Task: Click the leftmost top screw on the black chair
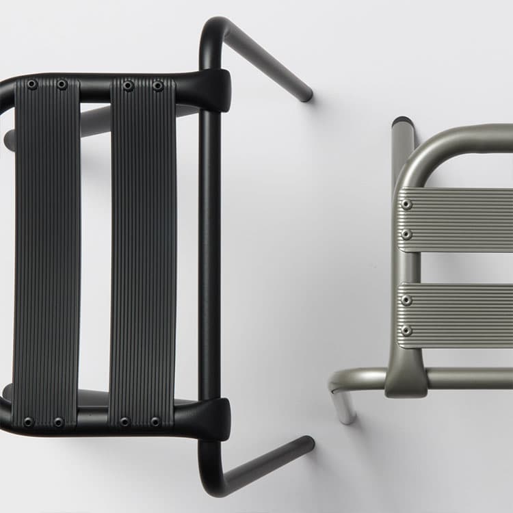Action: pyautogui.click(x=31, y=84)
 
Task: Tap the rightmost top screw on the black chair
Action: pyautogui.click(x=158, y=85)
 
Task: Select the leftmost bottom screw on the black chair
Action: pyautogui.click(x=28, y=422)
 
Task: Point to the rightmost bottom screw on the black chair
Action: pyautogui.click(x=155, y=422)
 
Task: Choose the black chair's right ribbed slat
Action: pyautogui.click(x=142, y=253)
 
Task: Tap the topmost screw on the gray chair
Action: pyautogui.click(x=407, y=204)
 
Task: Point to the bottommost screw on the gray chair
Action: pyautogui.click(x=407, y=330)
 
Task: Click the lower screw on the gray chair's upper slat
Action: pyautogui.click(x=407, y=234)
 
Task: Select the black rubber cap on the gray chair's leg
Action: pyautogui.click(x=402, y=122)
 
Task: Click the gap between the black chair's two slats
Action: pyautogui.click(x=94, y=253)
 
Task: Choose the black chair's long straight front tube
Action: pyautogui.click(x=209, y=253)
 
